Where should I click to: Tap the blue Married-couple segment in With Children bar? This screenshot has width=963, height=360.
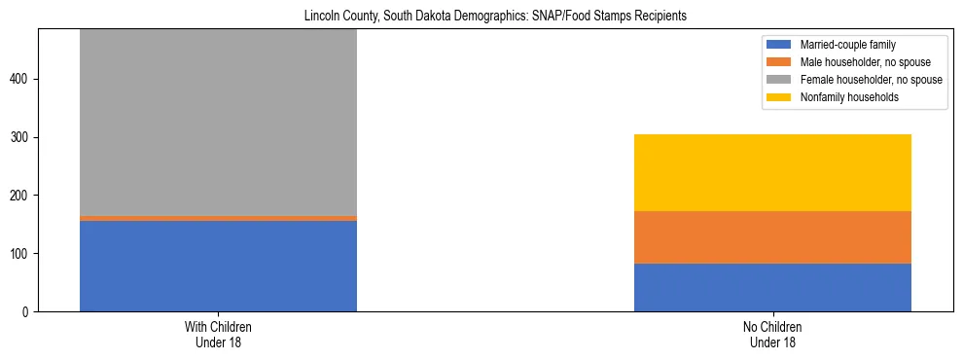pyautogui.click(x=218, y=266)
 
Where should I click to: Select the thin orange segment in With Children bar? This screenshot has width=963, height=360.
pyautogui.click(x=218, y=218)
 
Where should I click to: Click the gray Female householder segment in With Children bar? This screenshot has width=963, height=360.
pyautogui.click(x=218, y=122)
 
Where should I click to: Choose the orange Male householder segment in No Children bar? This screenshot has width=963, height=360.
pyautogui.click(x=772, y=237)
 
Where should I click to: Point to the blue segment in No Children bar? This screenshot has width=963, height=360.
pyautogui.click(x=772, y=287)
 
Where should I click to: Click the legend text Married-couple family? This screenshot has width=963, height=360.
pyautogui.click(x=847, y=45)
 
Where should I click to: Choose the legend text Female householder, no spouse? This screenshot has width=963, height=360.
pyautogui.click(x=871, y=80)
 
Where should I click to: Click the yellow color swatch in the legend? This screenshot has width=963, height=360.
pyautogui.click(x=779, y=97)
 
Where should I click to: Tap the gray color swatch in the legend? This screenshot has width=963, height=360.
pyautogui.click(x=779, y=80)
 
